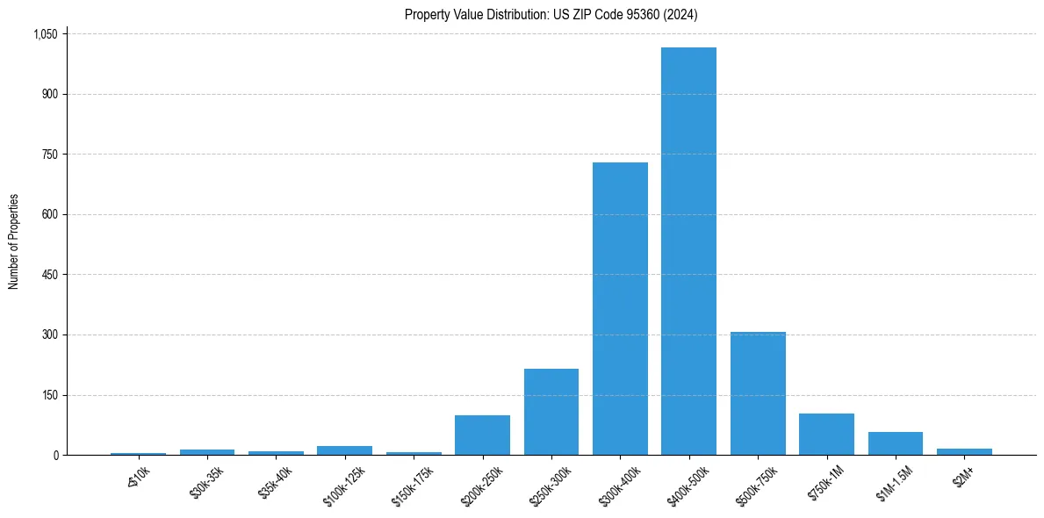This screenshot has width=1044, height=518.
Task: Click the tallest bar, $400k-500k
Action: tap(688, 251)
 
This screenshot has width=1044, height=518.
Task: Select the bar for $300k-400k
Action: tap(620, 308)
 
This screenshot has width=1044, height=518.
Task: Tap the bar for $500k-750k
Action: tap(758, 393)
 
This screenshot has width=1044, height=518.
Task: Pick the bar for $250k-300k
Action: tap(551, 412)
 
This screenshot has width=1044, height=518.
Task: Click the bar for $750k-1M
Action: tap(826, 434)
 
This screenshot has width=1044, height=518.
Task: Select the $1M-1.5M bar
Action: tap(895, 443)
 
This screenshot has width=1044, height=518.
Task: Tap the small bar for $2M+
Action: tap(964, 451)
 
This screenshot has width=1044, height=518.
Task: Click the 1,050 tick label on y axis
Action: tap(45, 34)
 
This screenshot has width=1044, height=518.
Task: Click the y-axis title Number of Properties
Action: tap(14, 242)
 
